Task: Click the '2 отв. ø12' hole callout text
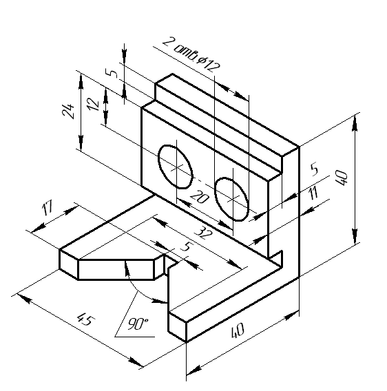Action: point(191,55)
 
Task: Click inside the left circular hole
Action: point(175,167)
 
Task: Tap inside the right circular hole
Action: point(232,199)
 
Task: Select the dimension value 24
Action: point(68,111)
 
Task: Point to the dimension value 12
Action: point(93,104)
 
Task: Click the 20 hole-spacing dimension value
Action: point(200,197)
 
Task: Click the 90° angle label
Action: point(138,324)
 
